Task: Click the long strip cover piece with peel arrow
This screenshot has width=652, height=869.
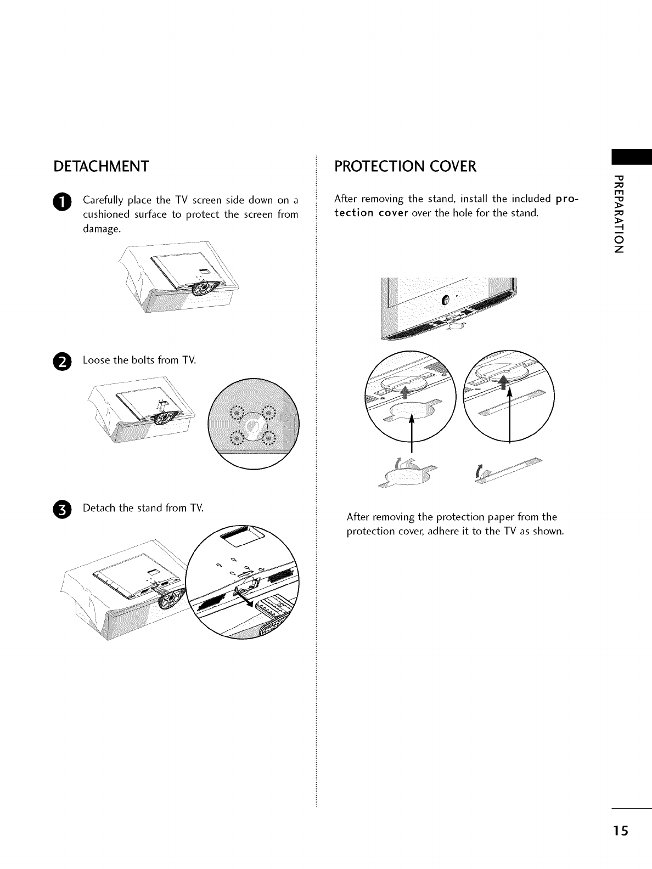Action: (x=510, y=471)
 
